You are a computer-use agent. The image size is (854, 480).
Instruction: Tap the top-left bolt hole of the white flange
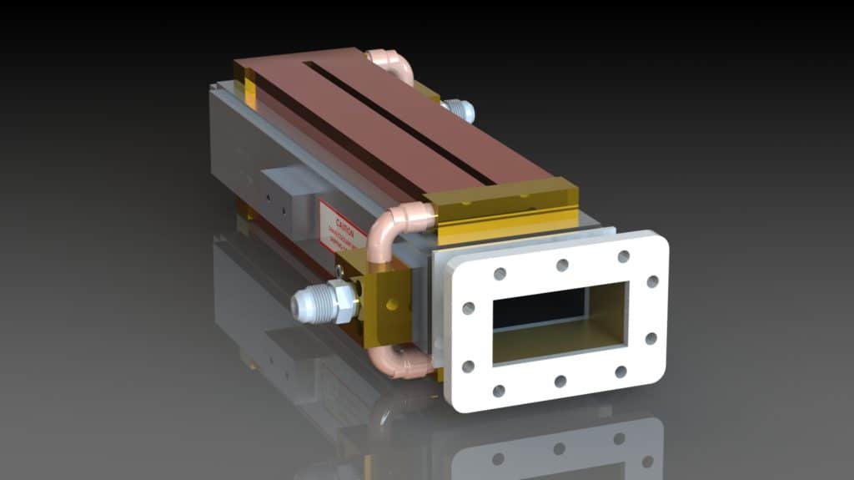(x=500, y=274)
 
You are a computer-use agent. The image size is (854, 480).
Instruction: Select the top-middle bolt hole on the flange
(x=562, y=265)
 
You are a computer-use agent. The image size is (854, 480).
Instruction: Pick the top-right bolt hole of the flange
(x=623, y=256)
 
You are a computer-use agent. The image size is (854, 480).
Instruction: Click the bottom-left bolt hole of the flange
(x=499, y=391)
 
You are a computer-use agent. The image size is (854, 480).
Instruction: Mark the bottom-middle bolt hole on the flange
(x=560, y=381)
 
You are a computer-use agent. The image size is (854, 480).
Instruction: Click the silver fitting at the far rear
(x=458, y=109)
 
